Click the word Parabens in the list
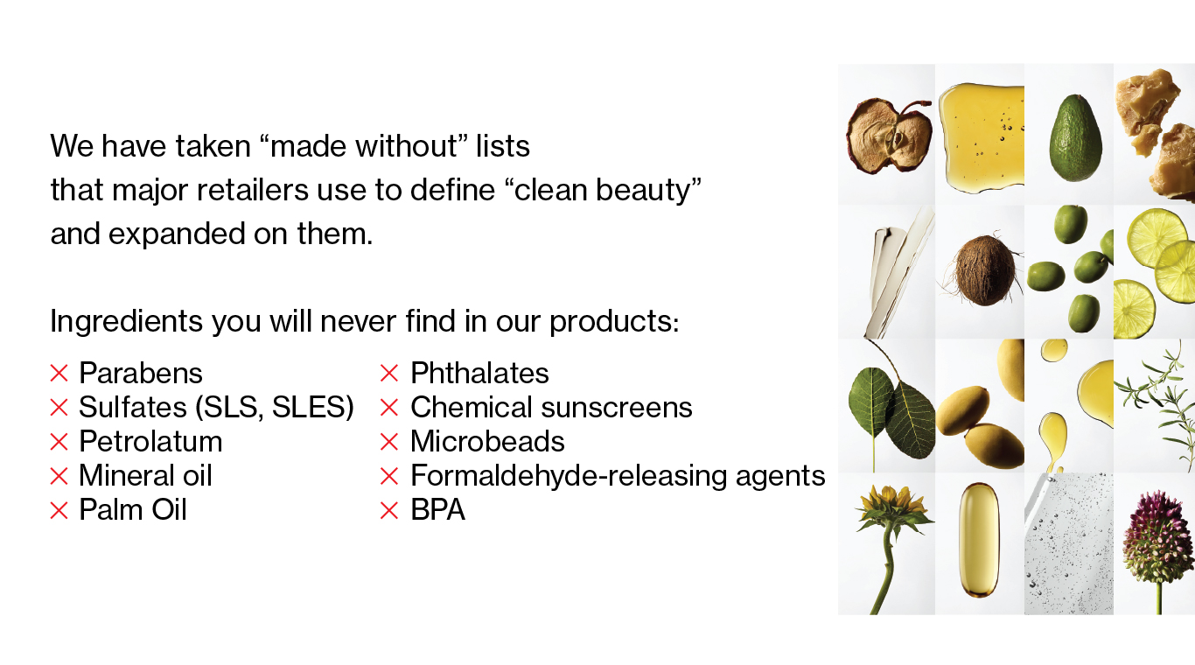(x=141, y=373)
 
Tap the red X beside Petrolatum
(x=59, y=442)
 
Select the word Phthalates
(x=479, y=373)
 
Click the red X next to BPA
(x=389, y=510)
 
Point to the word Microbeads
(x=487, y=441)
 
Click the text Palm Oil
(x=133, y=510)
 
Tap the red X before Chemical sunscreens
(x=389, y=408)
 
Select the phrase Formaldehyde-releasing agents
(x=618, y=476)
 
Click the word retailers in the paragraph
(x=253, y=190)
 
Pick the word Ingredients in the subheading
(x=127, y=322)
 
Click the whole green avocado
(x=1075, y=138)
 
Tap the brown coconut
(x=985, y=270)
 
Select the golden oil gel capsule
(x=978, y=540)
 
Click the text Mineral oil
(x=145, y=475)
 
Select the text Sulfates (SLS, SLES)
(x=216, y=408)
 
